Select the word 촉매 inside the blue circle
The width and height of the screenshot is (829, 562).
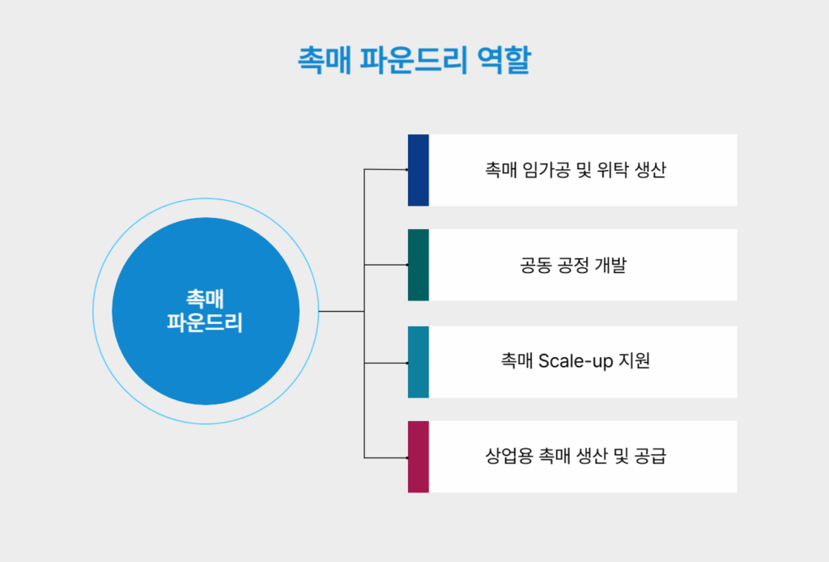click(x=205, y=298)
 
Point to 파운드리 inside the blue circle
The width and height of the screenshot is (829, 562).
click(x=205, y=322)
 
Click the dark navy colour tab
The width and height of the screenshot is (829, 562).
click(x=418, y=169)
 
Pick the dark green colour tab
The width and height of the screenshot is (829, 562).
click(x=418, y=265)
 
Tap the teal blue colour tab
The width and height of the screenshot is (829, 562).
click(x=418, y=361)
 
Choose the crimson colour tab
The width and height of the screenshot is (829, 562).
click(x=418, y=457)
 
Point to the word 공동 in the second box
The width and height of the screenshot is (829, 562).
click(x=534, y=266)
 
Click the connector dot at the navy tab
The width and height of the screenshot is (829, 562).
click(x=406, y=169)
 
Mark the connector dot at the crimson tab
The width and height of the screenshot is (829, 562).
click(x=406, y=458)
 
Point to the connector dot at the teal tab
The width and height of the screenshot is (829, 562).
click(x=406, y=363)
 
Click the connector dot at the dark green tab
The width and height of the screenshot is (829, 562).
click(x=406, y=265)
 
